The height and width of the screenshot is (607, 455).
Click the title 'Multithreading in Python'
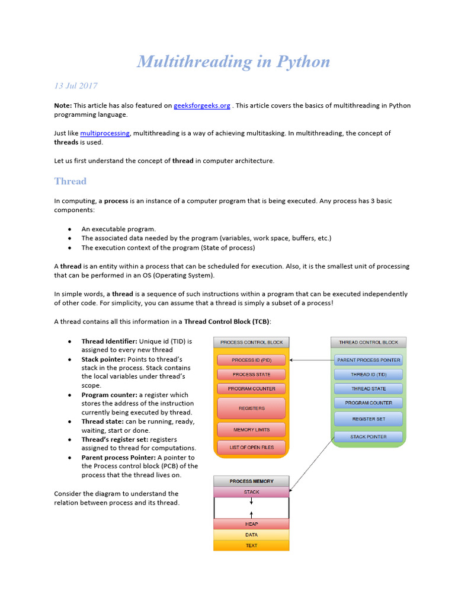pyautogui.click(x=233, y=62)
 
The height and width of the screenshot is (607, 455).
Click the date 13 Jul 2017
pyautogui.click(x=76, y=86)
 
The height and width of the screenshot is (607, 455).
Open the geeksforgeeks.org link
pyautogui.click(x=201, y=106)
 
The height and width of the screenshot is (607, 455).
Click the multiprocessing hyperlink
pyautogui.click(x=104, y=133)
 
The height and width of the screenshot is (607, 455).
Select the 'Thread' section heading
pyautogui.click(x=70, y=181)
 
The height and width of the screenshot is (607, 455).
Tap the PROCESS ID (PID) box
pyautogui.click(x=251, y=360)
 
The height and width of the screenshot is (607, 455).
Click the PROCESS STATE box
pyautogui.click(x=251, y=375)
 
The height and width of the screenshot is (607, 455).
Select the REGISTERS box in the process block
pyautogui.click(x=251, y=408)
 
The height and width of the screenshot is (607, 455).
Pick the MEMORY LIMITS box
pyautogui.click(x=251, y=430)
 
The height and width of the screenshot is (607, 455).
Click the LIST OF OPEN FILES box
pyautogui.click(x=251, y=448)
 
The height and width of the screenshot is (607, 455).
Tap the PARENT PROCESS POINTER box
pyautogui.click(x=369, y=360)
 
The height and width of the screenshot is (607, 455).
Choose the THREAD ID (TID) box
pyautogui.click(x=369, y=375)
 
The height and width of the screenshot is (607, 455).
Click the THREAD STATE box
pyautogui.click(x=369, y=389)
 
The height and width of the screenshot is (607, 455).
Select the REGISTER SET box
pyautogui.click(x=369, y=419)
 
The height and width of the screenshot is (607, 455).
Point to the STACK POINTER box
pyautogui.click(x=369, y=437)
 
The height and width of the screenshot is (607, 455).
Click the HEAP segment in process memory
pyautogui.click(x=251, y=525)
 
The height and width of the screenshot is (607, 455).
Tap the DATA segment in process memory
pyautogui.click(x=251, y=535)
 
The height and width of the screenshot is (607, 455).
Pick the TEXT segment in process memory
pyautogui.click(x=251, y=545)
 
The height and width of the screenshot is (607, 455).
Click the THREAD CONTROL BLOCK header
pyautogui.click(x=369, y=343)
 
